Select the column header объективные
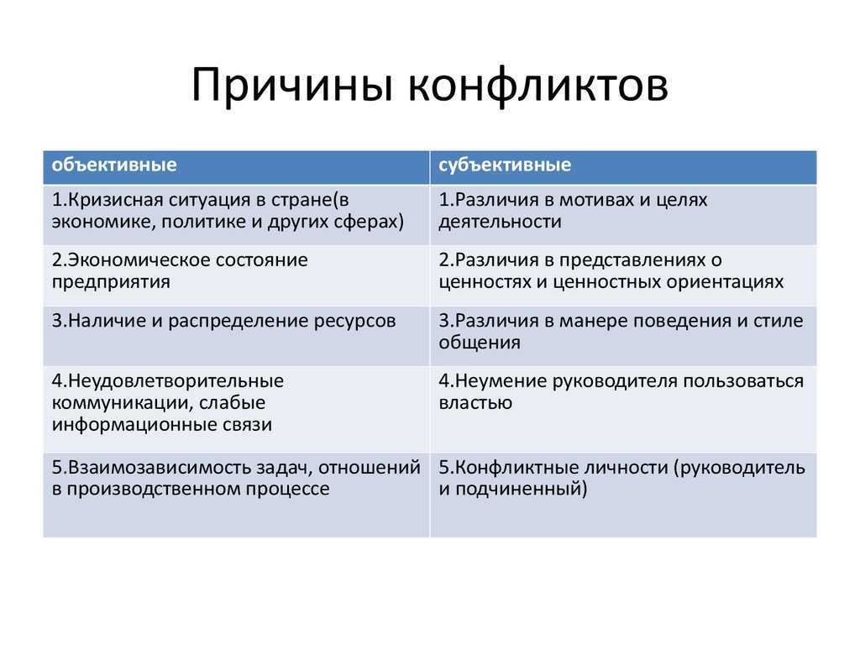point(114,165)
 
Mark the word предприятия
point(111,282)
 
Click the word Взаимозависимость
point(147,468)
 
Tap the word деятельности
point(500,223)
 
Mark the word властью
point(475,403)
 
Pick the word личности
point(628,468)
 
